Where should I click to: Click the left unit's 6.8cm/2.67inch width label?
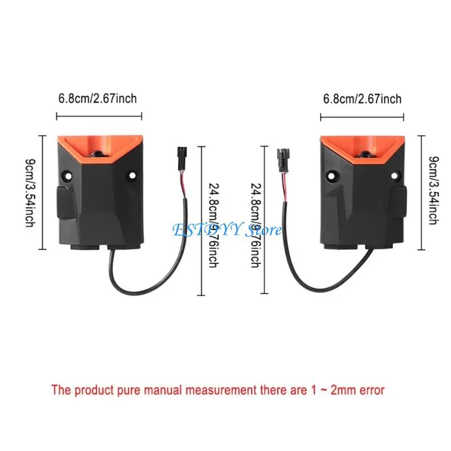98,99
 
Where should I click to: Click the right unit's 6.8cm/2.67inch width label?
362,99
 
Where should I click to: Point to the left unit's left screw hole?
67,175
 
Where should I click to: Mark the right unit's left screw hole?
331,175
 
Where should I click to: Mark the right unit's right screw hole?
397,175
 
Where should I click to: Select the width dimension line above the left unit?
99,117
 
